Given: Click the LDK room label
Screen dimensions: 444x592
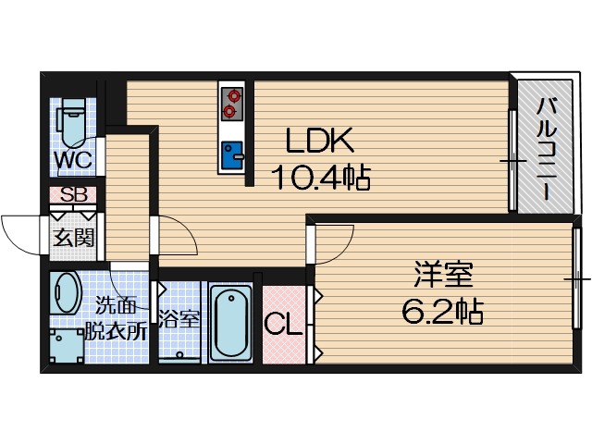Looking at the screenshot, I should [319, 142].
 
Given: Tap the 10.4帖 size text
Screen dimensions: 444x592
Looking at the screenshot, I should [319, 175].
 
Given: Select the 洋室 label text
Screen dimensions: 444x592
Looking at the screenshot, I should [442, 277].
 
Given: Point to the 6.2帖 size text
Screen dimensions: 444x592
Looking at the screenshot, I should [442, 312].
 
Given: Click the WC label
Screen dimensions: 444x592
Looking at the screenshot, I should [71, 160].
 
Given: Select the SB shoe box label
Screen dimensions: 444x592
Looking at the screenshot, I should [72, 195].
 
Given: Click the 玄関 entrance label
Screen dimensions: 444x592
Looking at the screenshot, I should [72, 236].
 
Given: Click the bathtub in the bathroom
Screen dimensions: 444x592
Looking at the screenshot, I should [231, 324].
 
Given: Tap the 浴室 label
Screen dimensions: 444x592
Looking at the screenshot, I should [179, 320].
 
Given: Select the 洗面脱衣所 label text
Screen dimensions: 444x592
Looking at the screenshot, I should [116, 319].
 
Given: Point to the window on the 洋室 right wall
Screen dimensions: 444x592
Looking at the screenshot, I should [576, 277].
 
